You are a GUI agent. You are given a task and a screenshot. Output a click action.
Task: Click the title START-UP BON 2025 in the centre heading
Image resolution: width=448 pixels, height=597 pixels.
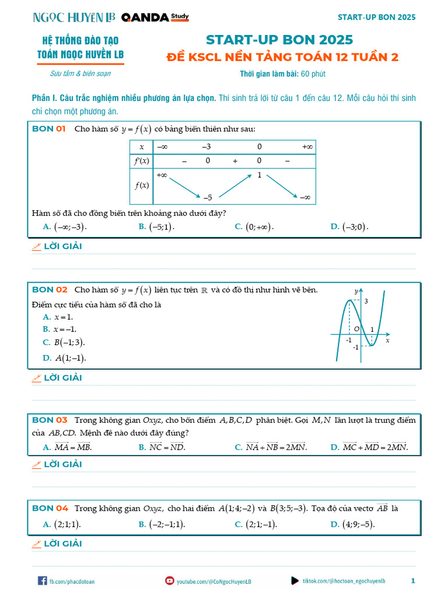click(x=279, y=40)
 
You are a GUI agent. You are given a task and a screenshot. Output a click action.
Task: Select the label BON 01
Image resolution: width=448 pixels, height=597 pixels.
click(x=48, y=129)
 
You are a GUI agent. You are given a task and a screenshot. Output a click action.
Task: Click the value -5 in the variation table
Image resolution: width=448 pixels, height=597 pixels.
click(x=207, y=197)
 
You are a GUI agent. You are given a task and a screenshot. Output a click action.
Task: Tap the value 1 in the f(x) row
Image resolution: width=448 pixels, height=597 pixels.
click(x=259, y=175)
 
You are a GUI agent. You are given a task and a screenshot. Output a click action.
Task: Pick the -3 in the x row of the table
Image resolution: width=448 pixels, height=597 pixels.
click(x=206, y=146)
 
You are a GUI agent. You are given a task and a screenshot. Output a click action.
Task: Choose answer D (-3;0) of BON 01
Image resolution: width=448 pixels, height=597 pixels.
click(x=349, y=227)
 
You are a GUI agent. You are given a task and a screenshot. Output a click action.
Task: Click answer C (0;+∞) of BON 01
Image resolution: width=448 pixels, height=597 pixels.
click(x=254, y=227)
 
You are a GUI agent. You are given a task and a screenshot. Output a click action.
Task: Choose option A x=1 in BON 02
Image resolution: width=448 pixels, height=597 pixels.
click(x=58, y=317)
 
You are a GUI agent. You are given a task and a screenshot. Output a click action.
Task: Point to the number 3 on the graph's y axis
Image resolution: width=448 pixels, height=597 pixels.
click(x=366, y=301)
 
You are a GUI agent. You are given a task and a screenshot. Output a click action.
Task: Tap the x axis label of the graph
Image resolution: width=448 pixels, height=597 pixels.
click(x=387, y=340)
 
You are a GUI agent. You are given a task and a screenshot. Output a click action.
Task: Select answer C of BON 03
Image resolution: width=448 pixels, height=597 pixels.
click(x=271, y=447)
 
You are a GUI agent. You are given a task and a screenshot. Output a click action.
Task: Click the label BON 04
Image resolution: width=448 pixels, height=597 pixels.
click(x=50, y=508)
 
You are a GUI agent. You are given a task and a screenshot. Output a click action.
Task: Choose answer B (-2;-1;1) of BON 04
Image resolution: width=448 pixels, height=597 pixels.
click(x=162, y=524)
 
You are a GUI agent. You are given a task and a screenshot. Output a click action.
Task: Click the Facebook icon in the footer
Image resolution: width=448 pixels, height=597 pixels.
click(x=42, y=581)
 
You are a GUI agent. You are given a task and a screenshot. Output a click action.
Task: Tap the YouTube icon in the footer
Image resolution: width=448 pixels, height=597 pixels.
click(x=170, y=581)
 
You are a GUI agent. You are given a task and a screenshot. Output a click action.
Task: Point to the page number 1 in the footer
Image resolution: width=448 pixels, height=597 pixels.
click(x=413, y=581)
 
